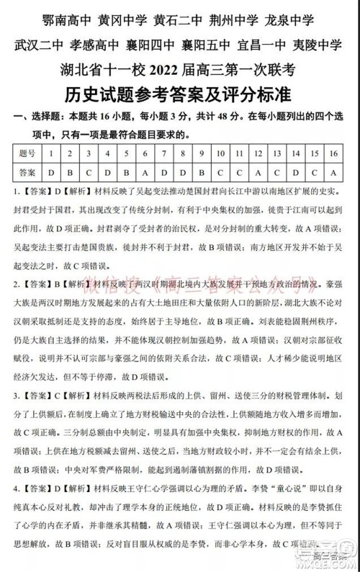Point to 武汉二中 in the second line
point(40,44)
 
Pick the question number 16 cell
point(333,153)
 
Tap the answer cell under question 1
point(50,173)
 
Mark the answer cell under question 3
point(88,173)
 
